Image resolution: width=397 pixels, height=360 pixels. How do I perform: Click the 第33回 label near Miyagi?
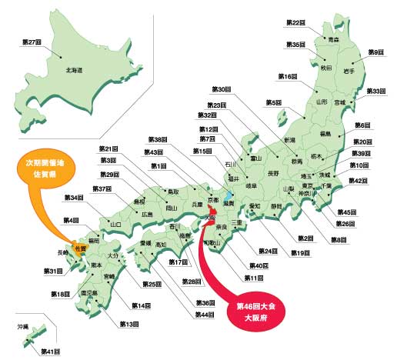coord(375,91)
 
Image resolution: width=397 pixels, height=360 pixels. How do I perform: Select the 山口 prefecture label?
coord(117,225)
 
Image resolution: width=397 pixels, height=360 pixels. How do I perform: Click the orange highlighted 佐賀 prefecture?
coord(80,248)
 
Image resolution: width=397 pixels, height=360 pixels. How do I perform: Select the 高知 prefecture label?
coord(160,245)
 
